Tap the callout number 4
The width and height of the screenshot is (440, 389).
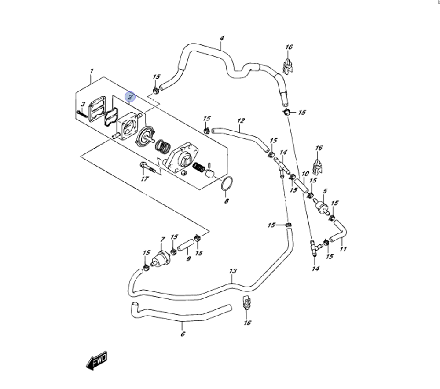point(222,39)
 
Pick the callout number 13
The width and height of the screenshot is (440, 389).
point(233,271)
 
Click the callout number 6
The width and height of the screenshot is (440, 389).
point(183,334)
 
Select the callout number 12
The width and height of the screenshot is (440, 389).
point(241,120)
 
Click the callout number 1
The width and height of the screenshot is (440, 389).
point(92,71)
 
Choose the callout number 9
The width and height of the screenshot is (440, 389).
point(188,259)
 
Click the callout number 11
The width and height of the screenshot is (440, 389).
point(343,249)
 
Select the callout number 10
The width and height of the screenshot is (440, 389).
point(305,174)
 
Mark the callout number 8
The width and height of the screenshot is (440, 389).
point(227,201)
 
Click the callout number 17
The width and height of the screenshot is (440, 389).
point(144,178)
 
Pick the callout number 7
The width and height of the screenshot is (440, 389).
point(163,240)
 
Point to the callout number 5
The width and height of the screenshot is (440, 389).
point(325,191)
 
